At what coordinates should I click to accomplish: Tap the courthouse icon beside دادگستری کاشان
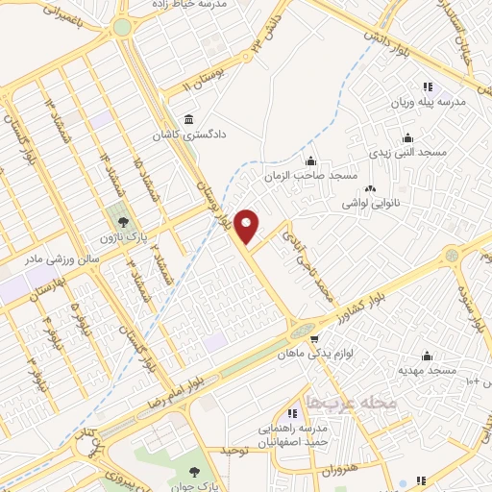pos(186,120)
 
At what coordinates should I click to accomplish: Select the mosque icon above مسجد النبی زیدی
pos(407,137)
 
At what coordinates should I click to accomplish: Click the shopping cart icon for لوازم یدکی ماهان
pos(313,339)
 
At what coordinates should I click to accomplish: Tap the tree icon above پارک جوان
pos(195,471)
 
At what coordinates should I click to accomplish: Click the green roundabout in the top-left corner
pos(122,29)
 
